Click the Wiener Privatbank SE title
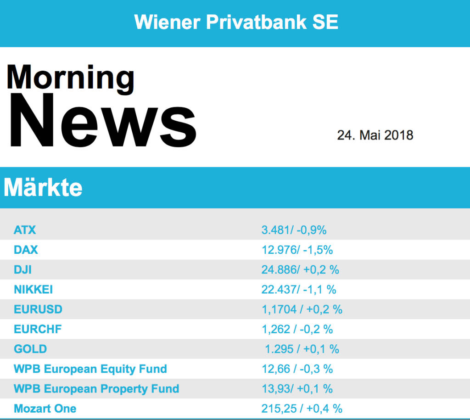tap(236, 22)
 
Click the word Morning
tap(70, 78)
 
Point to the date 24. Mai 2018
tap(375, 135)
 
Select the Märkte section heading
tap(43, 188)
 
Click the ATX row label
tap(25, 230)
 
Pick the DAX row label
tap(26, 250)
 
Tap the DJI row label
tap(23, 270)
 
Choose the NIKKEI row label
tap(34, 290)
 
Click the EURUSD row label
tap(38, 309)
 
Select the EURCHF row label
tap(38, 329)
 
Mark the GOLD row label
tap(30, 349)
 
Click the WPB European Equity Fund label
tap(90, 369)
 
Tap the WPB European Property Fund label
tap(96, 389)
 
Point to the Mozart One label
tap(45, 409)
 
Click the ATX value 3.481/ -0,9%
tap(294, 230)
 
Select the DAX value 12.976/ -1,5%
tap(297, 250)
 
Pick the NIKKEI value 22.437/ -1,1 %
tap(299, 290)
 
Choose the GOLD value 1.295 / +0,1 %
tap(302, 349)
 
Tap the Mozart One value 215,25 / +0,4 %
tap(302, 409)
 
